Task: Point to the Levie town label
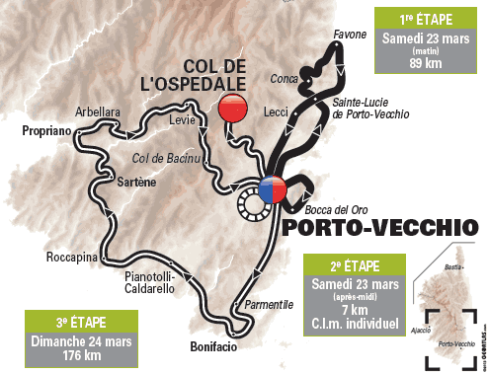[184, 119]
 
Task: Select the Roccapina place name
[70, 259]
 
